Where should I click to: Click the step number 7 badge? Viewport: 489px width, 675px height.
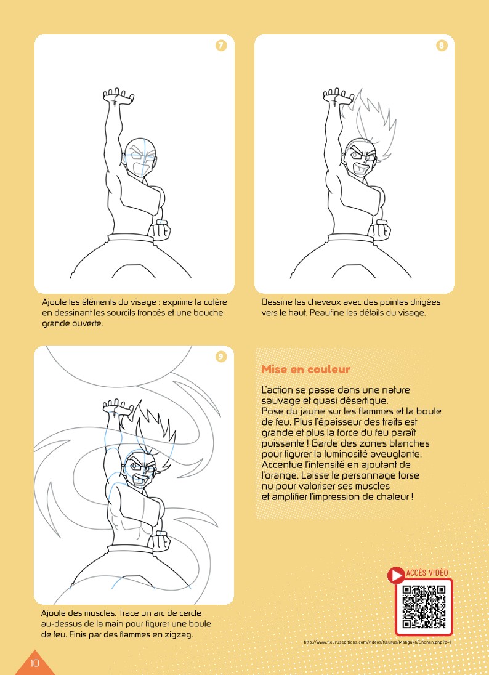click(x=221, y=46)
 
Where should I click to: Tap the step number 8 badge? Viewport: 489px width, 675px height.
click(x=442, y=46)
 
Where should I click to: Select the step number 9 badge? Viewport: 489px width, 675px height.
click(x=221, y=357)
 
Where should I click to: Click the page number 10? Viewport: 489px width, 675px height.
click(x=34, y=663)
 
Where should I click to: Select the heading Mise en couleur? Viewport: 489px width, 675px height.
click(x=305, y=370)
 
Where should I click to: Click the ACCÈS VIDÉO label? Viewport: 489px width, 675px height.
click(x=427, y=573)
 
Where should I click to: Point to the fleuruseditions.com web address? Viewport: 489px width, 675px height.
click(x=379, y=642)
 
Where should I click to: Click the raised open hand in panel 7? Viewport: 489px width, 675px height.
click(x=118, y=96)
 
